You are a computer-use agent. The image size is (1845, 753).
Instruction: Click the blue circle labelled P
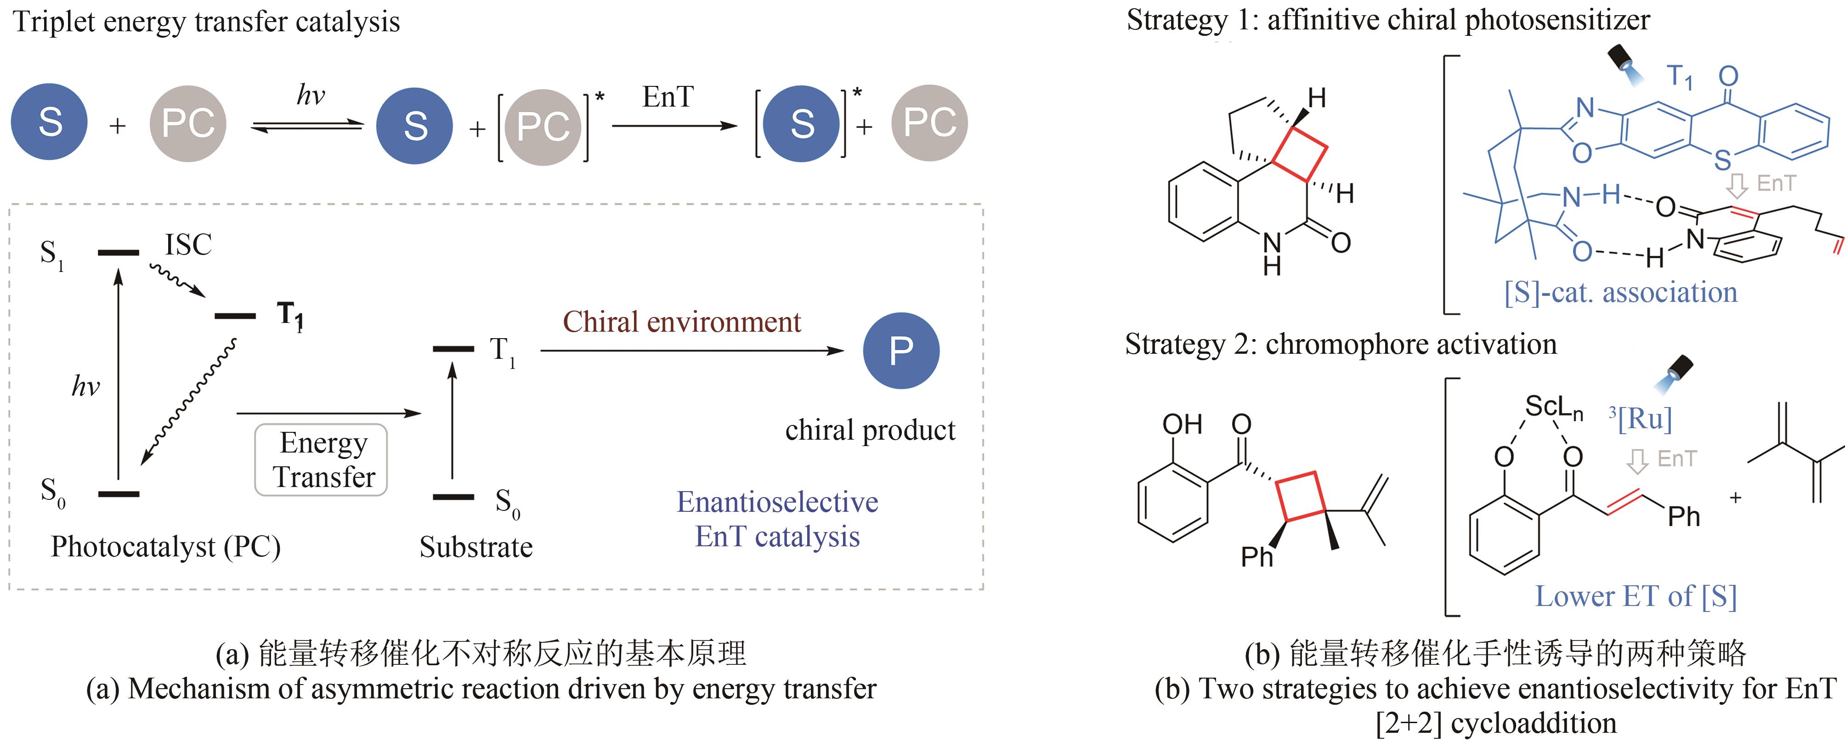pyautogui.click(x=900, y=351)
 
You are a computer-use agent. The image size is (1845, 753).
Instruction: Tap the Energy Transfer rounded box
pyautogui.click(x=322, y=460)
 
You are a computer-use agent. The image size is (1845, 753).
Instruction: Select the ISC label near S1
pyautogui.click(x=188, y=245)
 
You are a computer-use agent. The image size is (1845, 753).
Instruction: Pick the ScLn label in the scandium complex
pyautogui.click(x=1553, y=408)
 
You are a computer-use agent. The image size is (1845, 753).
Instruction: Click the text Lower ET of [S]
pyautogui.click(x=1635, y=596)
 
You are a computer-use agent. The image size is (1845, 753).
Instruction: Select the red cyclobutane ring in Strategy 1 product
pyautogui.click(x=1300, y=154)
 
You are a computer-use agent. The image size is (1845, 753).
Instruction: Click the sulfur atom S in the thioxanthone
pyautogui.click(x=1722, y=160)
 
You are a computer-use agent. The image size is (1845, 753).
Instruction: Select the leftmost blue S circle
pyautogui.click(x=50, y=122)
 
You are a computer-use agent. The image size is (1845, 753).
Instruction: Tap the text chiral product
pyautogui.click(x=870, y=430)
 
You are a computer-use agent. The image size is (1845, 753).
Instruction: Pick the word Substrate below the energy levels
pyautogui.click(x=475, y=547)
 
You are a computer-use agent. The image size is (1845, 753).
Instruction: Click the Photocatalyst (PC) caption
pyautogui.click(x=165, y=547)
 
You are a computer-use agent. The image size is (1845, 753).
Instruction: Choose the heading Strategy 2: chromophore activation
pyautogui.click(x=1341, y=344)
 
